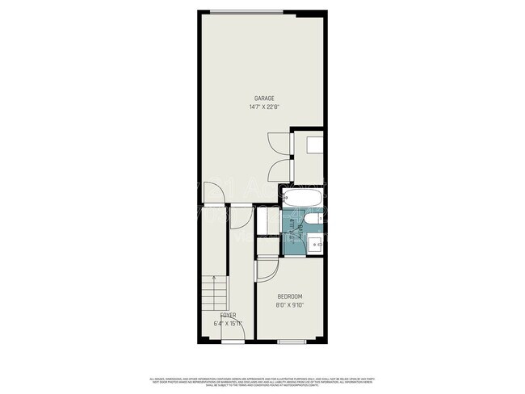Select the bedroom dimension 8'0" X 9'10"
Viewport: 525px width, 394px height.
pos(292,305)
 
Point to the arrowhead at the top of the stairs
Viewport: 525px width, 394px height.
pos(213,276)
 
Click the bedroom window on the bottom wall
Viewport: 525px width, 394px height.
pos(291,342)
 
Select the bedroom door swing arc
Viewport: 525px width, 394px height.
pos(266,271)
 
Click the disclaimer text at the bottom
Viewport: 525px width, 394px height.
pos(262,381)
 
